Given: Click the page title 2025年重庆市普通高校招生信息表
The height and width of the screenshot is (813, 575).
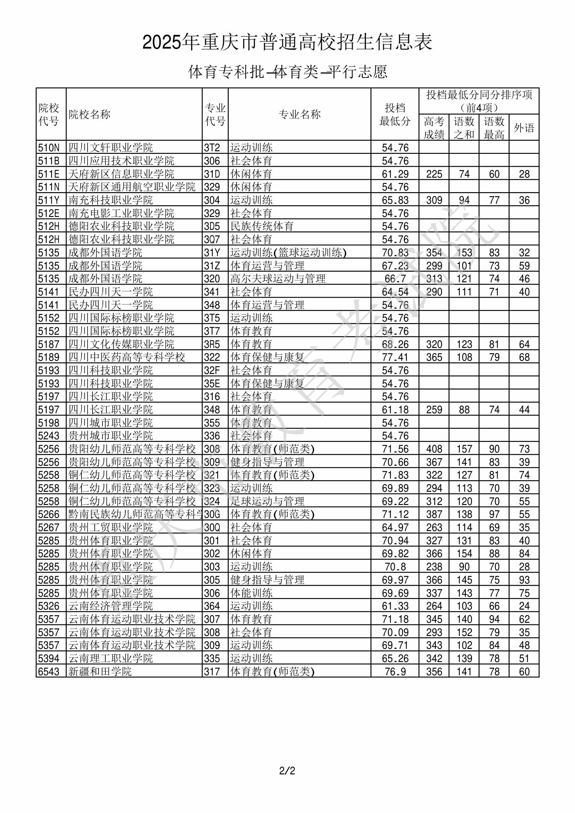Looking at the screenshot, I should (x=287, y=42).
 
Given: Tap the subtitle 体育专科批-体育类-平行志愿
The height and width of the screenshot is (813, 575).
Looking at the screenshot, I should (x=287, y=72).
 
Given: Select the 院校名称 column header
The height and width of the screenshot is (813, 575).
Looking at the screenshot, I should (x=90, y=114).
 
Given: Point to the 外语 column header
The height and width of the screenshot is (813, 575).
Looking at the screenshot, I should (x=524, y=128).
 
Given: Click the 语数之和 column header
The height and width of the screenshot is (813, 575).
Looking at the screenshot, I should (x=464, y=128).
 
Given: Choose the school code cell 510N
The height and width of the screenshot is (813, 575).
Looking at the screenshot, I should (x=49, y=148).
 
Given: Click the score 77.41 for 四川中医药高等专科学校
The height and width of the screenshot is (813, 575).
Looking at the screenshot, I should (x=395, y=357).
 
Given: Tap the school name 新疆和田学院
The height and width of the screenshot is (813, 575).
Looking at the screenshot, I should (x=100, y=672).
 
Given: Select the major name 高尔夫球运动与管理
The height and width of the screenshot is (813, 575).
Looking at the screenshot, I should (x=278, y=279).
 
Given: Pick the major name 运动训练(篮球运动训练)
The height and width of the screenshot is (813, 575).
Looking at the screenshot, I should (x=288, y=252).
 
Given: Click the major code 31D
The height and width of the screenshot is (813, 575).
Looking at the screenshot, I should (x=212, y=174).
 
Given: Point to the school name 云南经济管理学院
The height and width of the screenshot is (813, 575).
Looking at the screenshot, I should (x=110, y=606).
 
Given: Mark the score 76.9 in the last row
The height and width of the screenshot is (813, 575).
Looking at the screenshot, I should (x=395, y=672).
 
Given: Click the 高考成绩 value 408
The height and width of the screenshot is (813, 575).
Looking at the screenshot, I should (x=434, y=449).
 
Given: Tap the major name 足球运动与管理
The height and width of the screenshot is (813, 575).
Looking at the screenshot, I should (x=267, y=501).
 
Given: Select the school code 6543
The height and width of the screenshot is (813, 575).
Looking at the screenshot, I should (x=49, y=672).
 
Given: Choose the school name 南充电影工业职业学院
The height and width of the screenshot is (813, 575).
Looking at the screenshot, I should (x=121, y=213).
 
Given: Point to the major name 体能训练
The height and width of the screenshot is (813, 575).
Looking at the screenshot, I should (x=251, y=593).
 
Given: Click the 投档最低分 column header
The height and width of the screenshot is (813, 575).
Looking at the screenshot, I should (x=395, y=114).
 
